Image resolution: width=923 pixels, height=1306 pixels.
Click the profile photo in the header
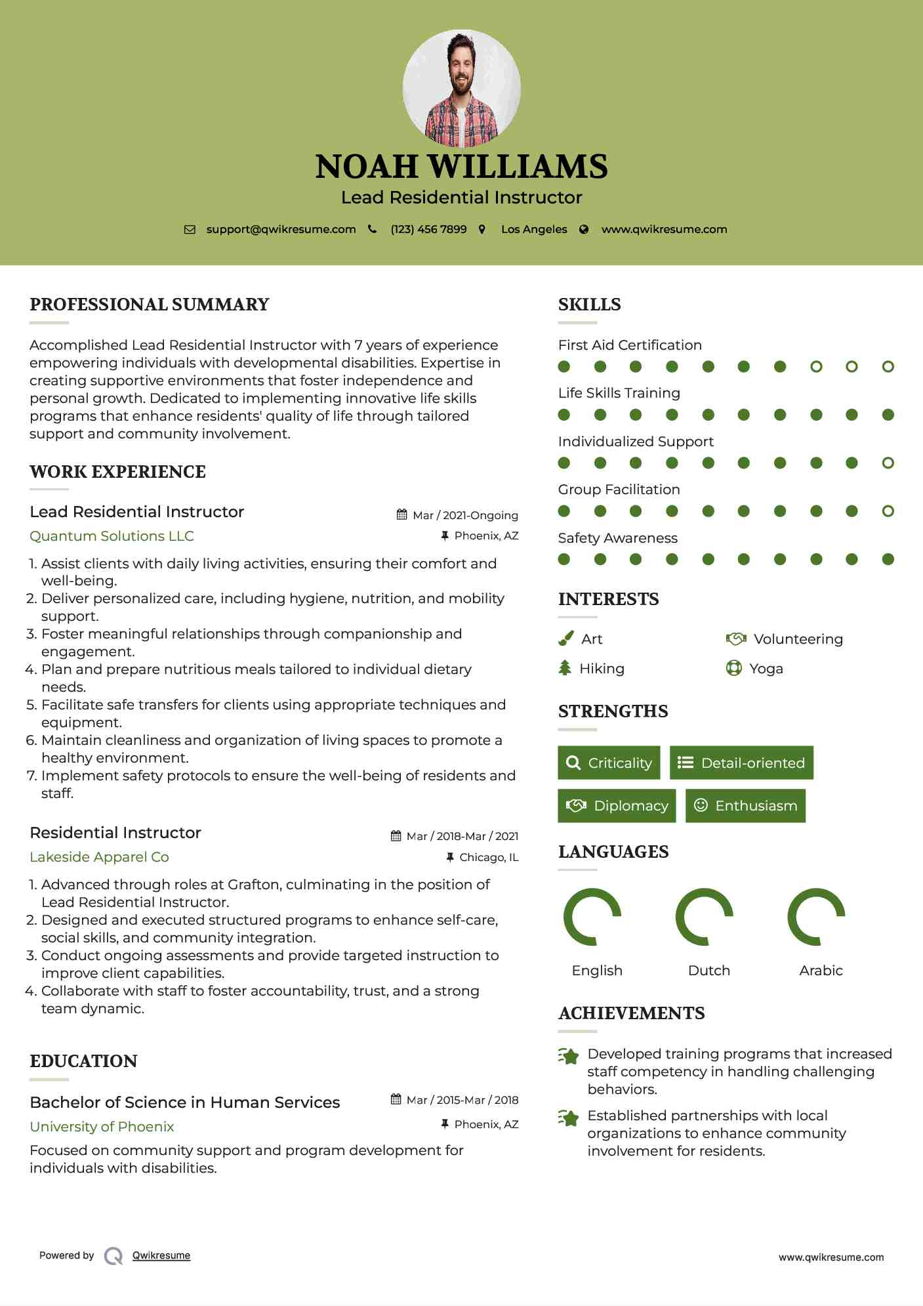(x=461, y=88)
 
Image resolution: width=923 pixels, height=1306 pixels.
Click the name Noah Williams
(x=461, y=167)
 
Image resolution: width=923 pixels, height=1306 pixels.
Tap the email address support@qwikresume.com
(x=281, y=230)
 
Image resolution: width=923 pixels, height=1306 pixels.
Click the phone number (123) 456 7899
(x=428, y=230)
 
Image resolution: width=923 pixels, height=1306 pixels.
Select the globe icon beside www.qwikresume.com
(x=584, y=230)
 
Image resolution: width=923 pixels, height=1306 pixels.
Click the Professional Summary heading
(x=150, y=305)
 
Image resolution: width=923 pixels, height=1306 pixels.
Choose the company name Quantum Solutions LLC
(x=112, y=536)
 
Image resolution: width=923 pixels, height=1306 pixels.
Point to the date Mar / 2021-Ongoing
(x=465, y=516)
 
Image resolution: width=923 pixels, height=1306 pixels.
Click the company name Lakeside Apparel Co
(x=99, y=857)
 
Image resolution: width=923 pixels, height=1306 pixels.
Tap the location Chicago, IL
(x=489, y=858)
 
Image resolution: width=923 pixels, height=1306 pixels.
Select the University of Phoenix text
(x=102, y=1127)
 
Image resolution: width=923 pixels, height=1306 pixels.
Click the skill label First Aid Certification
(x=630, y=345)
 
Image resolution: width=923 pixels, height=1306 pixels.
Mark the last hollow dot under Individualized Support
(x=888, y=463)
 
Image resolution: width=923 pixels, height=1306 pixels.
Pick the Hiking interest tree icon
(x=565, y=668)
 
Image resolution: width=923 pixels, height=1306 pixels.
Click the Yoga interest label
(x=766, y=669)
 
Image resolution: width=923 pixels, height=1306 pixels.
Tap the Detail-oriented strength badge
(x=741, y=763)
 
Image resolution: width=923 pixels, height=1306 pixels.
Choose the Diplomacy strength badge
(x=617, y=806)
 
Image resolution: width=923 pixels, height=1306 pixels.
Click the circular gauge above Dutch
(x=704, y=917)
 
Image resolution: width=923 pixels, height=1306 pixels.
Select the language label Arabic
(x=821, y=971)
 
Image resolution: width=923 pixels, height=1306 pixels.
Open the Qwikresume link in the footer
(x=161, y=1255)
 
